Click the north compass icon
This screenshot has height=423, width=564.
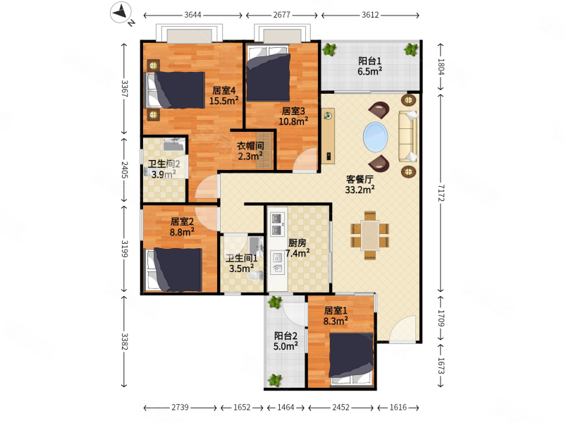(x=121, y=13)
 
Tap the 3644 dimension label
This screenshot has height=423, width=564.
(x=192, y=15)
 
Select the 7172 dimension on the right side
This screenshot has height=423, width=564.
(x=441, y=193)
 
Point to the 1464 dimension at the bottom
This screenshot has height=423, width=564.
(x=286, y=407)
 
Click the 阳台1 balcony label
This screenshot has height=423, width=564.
(x=369, y=61)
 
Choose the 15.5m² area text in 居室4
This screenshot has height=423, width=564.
(x=223, y=100)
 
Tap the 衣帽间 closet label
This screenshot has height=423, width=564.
(x=250, y=146)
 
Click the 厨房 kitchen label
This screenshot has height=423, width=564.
(x=297, y=243)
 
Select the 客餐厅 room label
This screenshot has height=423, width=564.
(x=360, y=179)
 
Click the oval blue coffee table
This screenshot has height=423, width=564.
(x=376, y=137)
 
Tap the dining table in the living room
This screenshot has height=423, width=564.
(x=370, y=235)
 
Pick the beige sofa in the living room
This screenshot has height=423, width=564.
(x=408, y=136)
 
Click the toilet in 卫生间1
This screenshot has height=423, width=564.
(x=255, y=276)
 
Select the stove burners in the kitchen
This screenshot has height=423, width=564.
(x=276, y=223)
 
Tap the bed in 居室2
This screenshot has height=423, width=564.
(x=173, y=270)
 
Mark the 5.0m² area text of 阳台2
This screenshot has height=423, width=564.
(x=286, y=346)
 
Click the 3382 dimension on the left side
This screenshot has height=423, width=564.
(x=125, y=341)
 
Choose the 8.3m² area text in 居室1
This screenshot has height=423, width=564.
(x=336, y=321)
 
